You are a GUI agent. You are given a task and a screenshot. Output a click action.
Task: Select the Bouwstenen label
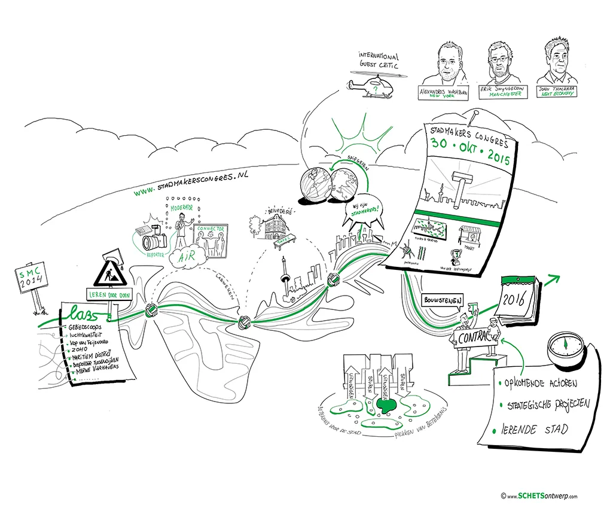(443, 300)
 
